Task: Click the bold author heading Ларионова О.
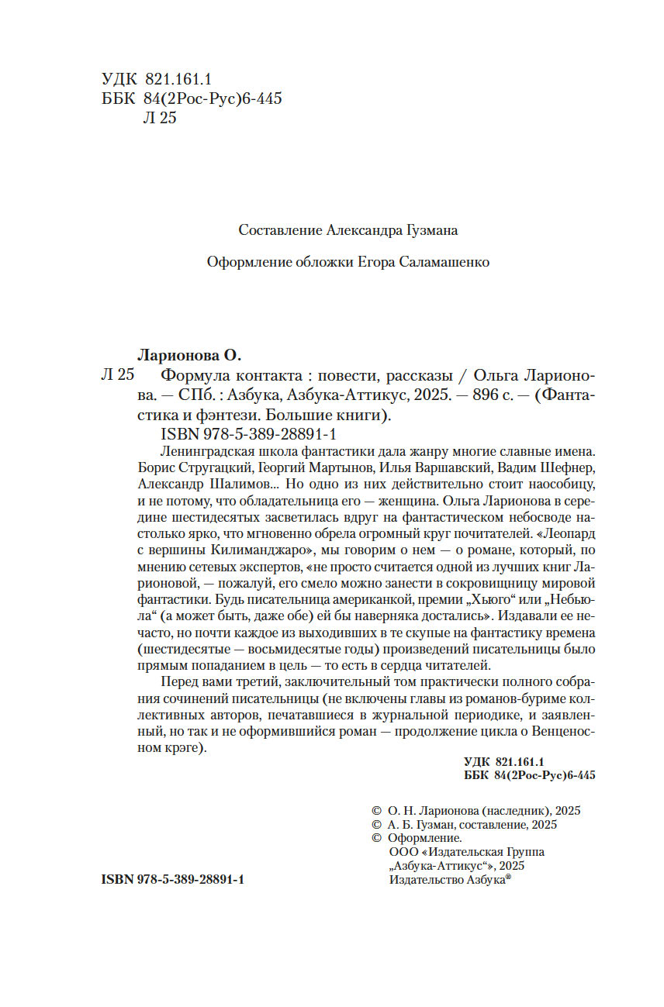(189, 356)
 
